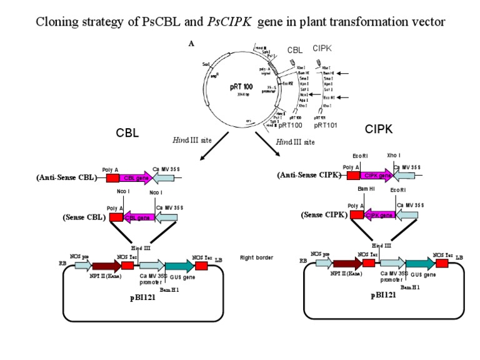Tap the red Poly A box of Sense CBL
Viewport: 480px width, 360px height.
tap(116, 217)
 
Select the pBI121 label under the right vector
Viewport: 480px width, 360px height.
tap(383, 296)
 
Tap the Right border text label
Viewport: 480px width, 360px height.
tap(256, 257)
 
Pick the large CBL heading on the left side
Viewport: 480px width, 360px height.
tap(127, 133)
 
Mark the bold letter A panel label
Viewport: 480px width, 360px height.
tap(191, 44)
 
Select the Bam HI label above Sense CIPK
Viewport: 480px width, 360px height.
tap(366, 188)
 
